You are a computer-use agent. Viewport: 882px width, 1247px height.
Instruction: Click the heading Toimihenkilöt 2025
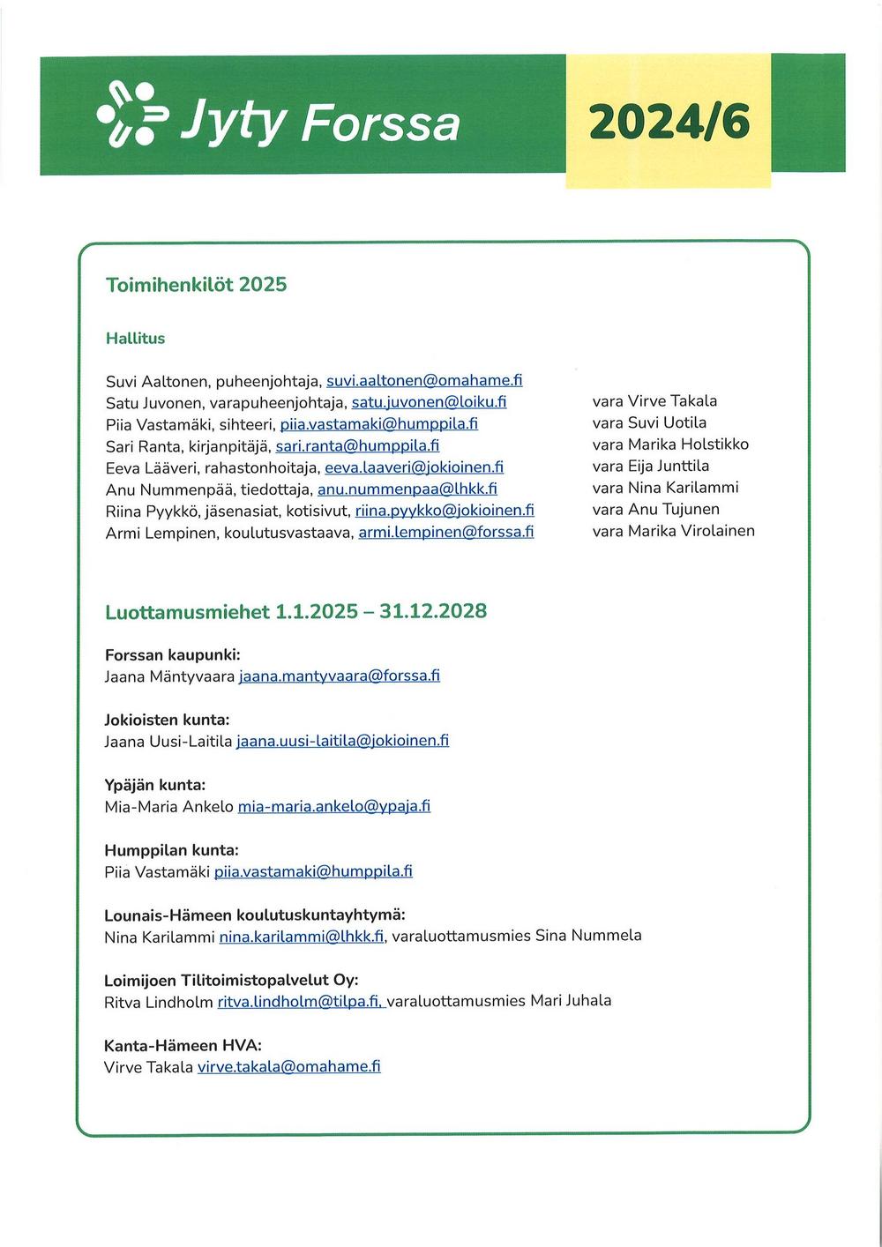[x=196, y=285]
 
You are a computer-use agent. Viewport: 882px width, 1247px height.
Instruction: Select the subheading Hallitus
[x=135, y=338]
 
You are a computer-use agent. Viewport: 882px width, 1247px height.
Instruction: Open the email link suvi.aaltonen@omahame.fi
[x=424, y=381]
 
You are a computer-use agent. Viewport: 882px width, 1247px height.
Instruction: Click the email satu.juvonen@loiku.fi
[x=429, y=402]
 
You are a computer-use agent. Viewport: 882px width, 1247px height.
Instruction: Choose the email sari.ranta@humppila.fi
[x=357, y=445]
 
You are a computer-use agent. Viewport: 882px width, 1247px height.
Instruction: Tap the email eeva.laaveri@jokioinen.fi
[x=414, y=467]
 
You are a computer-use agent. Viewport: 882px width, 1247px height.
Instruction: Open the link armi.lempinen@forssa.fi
[x=445, y=532]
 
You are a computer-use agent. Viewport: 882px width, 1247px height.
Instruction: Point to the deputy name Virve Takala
[x=672, y=401]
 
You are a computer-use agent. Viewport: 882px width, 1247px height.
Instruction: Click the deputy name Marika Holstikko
[x=688, y=444]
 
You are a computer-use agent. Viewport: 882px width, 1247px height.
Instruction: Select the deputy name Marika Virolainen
[x=691, y=531]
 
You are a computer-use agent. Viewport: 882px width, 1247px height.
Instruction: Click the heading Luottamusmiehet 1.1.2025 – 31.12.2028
[x=295, y=612]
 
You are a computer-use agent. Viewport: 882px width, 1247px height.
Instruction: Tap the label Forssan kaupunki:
[x=172, y=655]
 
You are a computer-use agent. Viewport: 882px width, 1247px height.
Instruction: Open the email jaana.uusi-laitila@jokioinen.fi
[x=342, y=741]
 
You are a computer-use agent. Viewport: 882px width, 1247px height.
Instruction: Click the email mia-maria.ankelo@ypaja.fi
[x=333, y=806]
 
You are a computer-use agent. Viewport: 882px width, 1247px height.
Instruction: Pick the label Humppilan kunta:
[x=171, y=850]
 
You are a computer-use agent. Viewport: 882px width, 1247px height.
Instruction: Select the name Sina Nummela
[x=588, y=936]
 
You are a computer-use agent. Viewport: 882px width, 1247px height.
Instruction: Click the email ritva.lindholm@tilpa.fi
[x=299, y=1002]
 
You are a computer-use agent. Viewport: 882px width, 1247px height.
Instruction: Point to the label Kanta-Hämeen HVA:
[x=183, y=1045]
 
